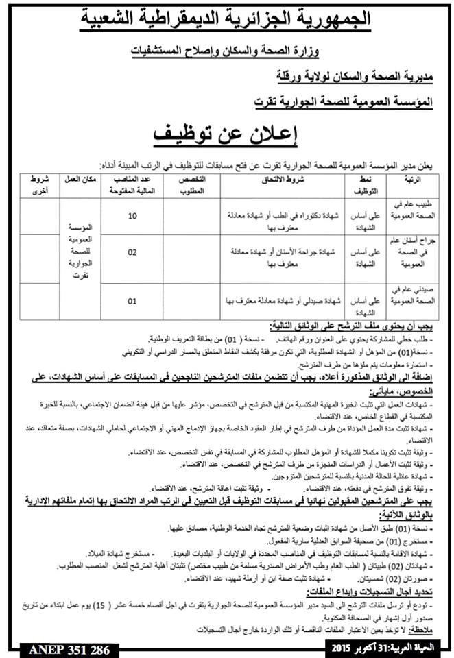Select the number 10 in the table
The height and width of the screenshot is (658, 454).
pos(132,217)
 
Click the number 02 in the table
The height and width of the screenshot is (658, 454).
pos(132,252)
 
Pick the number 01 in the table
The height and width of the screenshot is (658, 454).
pos(132,300)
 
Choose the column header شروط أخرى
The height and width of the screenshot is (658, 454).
pos(38,184)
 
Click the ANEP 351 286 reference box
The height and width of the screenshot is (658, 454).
pos(63,647)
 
